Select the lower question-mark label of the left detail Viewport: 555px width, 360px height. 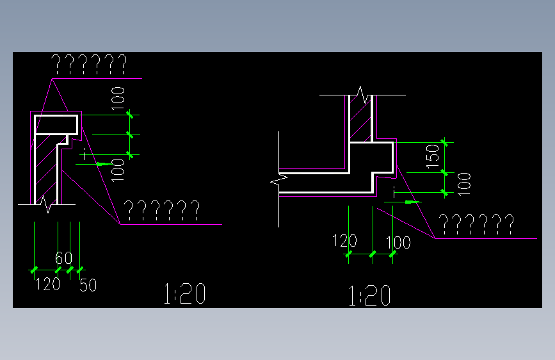(x=161, y=209)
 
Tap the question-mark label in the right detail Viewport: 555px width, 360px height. (x=476, y=224)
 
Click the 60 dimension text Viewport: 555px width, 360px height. (x=63, y=259)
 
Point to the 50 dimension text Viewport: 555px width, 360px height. (x=88, y=285)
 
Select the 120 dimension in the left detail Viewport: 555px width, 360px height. (x=47, y=284)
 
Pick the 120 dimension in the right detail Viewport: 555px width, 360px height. (x=344, y=241)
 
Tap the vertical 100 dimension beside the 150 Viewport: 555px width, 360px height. (x=465, y=184)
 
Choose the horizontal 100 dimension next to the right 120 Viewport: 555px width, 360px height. (x=398, y=243)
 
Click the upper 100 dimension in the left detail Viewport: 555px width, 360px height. (x=118, y=99)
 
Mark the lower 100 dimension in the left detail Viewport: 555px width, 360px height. (x=118, y=170)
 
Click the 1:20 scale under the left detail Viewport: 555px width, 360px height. (x=185, y=294)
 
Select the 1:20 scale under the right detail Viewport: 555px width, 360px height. (x=369, y=297)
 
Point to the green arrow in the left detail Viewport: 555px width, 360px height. (x=101, y=164)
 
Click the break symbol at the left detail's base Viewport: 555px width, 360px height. (x=45, y=204)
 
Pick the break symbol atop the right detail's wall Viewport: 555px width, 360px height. (x=361, y=95)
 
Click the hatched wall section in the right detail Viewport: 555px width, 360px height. (x=360, y=122)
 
